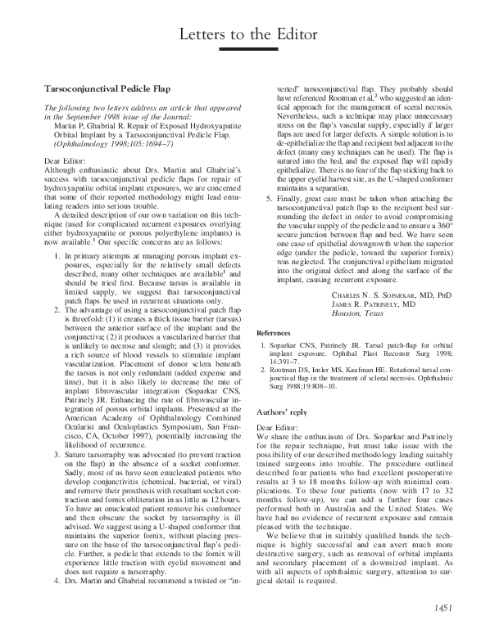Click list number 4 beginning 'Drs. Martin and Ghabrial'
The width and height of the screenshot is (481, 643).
tap(56, 560)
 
